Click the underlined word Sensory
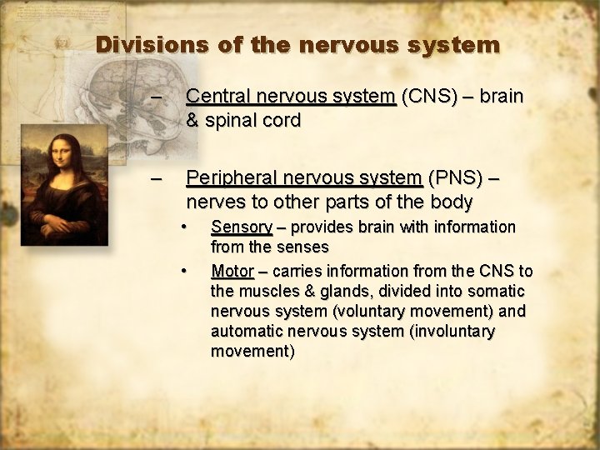pos(242,227)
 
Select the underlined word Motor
pos(232,271)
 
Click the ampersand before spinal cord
pos(192,120)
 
